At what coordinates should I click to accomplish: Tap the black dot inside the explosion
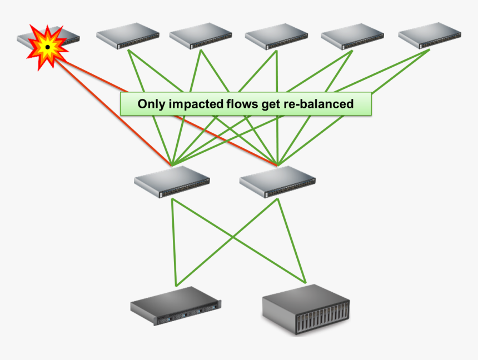[48, 47]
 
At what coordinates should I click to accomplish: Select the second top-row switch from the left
[127, 36]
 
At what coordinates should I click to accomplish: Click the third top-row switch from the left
[200, 36]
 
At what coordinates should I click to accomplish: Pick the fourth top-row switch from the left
[276, 37]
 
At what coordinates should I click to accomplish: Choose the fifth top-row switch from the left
[352, 37]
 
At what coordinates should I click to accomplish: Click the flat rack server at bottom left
[176, 307]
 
